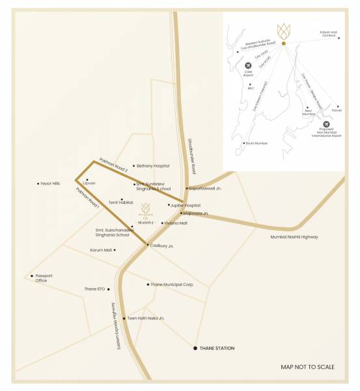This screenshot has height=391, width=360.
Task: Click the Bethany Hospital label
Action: click(x=153, y=166)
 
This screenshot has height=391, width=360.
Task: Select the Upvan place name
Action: click(x=90, y=184)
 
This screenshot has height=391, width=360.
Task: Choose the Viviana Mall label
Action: click(x=176, y=223)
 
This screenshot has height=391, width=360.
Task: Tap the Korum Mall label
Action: click(x=101, y=250)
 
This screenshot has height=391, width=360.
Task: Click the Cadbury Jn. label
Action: click(x=161, y=246)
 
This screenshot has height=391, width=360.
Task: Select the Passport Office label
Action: click(x=44, y=278)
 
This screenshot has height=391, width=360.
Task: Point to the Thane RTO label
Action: click(x=94, y=289)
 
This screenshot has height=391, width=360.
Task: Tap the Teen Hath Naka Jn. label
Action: click(x=146, y=318)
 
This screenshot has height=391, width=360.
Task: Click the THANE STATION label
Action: click(x=217, y=349)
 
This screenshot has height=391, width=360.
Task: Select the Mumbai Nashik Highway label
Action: click(x=294, y=237)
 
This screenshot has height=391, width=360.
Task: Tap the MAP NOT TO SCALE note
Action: click(x=307, y=368)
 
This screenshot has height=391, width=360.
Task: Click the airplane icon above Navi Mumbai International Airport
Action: click(x=326, y=124)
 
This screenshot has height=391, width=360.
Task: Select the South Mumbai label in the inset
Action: click(x=256, y=143)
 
